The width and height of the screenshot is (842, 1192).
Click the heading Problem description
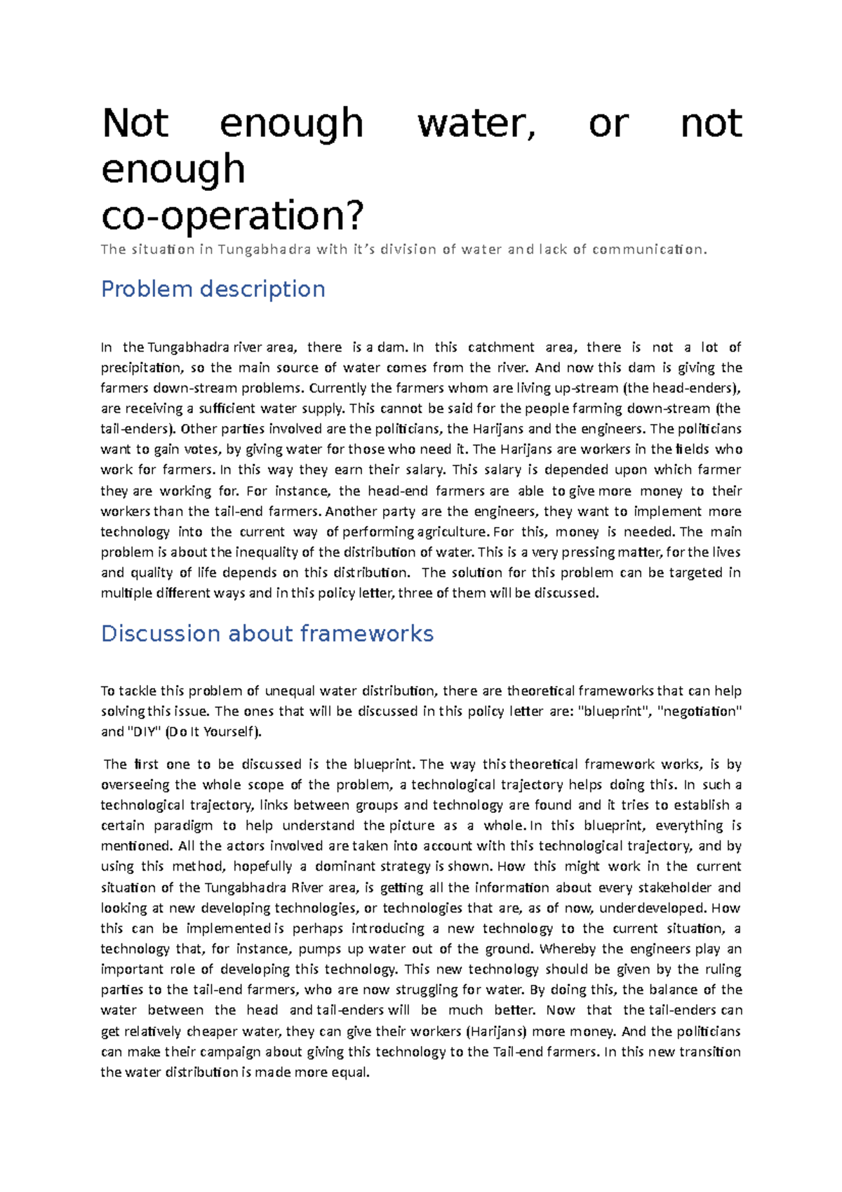tap(213, 289)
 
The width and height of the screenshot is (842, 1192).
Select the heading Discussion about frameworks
tap(267, 634)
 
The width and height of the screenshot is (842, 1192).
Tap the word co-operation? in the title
tap(233, 216)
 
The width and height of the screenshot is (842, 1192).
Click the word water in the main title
tap(476, 124)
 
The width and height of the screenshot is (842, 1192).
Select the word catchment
tap(501, 347)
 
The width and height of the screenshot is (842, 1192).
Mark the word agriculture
tap(453, 532)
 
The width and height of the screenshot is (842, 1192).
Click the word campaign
tap(227, 1052)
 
